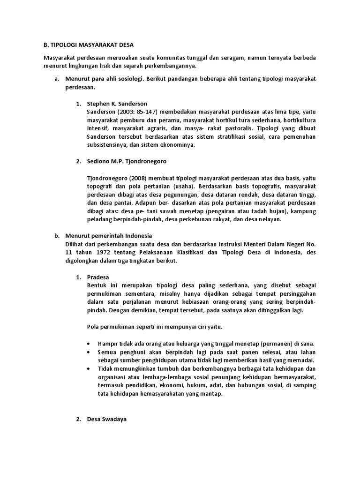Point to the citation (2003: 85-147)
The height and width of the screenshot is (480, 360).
click(x=137, y=112)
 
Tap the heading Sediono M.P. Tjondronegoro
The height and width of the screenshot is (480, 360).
click(x=127, y=161)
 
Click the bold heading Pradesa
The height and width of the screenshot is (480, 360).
click(x=98, y=277)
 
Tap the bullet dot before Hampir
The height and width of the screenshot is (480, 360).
click(x=90, y=343)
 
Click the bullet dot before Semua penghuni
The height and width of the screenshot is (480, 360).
click(x=90, y=352)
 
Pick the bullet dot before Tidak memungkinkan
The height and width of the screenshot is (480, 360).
click(x=90, y=368)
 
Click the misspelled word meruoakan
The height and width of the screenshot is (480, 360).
click(x=112, y=57)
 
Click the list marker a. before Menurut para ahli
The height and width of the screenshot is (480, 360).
click(x=57, y=79)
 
